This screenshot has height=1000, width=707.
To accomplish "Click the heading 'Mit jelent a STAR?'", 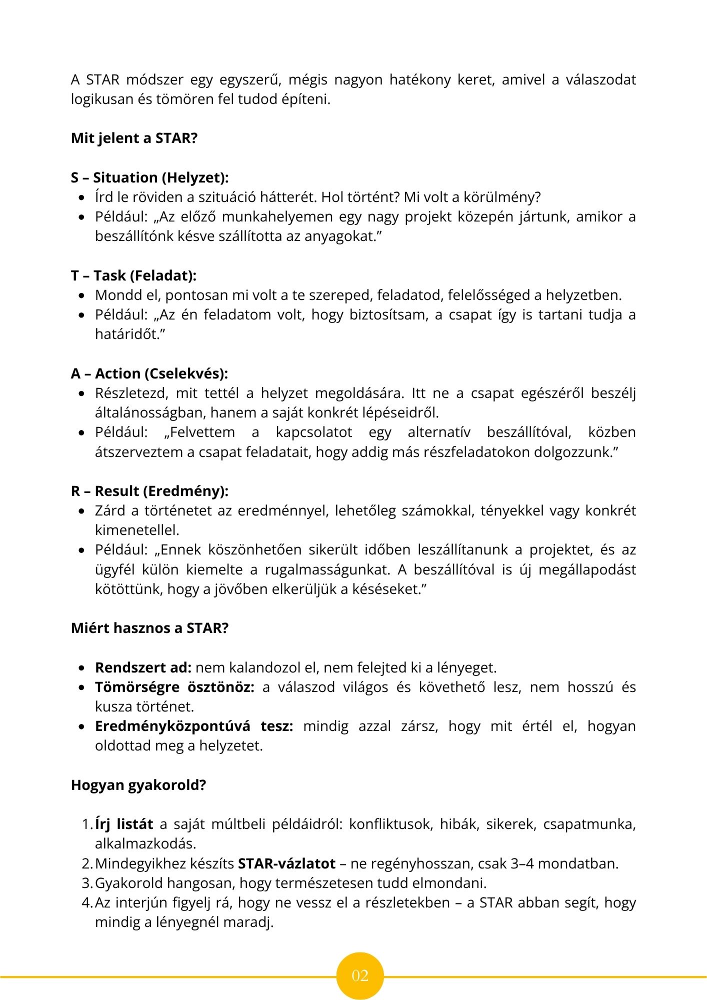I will click(x=134, y=138).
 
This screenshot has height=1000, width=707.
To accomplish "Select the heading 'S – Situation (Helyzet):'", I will click(x=149, y=177).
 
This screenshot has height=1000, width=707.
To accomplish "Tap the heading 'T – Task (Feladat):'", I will click(x=133, y=275).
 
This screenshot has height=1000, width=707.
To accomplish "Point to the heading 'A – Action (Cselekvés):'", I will click(x=149, y=373).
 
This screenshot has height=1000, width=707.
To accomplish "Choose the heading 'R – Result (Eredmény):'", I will click(x=149, y=491).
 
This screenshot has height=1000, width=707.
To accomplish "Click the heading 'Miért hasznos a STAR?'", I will click(x=149, y=628).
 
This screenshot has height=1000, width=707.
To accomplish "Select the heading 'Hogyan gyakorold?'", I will click(x=138, y=785).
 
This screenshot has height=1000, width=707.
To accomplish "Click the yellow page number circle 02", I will click(x=360, y=975).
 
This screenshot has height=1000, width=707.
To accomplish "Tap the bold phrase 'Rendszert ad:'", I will click(x=143, y=667).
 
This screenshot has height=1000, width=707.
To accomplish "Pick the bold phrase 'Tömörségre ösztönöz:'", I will click(x=174, y=687).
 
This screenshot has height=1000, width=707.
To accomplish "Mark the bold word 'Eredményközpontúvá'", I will click(x=172, y=726).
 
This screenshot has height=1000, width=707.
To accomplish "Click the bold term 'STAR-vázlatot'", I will click(x=286, y=863).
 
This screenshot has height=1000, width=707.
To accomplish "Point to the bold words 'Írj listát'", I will click(x=124, y=824).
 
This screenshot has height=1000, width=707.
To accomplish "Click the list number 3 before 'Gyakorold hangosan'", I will click(x=86, y=883).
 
